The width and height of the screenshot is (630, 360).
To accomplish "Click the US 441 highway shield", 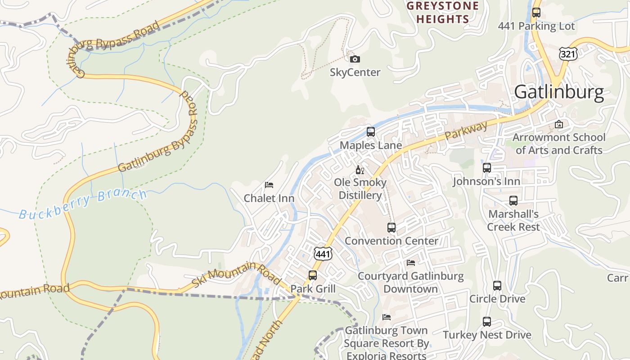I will [323, 254].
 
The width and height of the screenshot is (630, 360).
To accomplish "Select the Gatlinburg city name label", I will [558, 92].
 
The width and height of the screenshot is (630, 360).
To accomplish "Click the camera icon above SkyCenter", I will [355, 59].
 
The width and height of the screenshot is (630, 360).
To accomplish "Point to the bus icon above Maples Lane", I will [370, 132].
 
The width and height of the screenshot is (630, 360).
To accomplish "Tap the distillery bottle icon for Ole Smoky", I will [360, 170].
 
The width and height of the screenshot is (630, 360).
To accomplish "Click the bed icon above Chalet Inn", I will [269, 185].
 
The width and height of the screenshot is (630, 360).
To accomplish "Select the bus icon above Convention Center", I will [391, 228].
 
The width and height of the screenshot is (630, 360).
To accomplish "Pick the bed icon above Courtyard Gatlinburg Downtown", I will [410, 263].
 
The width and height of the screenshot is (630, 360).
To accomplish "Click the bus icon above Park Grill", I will [313, 275].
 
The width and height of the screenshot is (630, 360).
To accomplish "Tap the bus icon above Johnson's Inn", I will [486, 168].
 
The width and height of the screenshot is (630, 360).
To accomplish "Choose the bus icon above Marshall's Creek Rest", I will [513, 201].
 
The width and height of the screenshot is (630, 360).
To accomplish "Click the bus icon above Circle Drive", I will [497, 286].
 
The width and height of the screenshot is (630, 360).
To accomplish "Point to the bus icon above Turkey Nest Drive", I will [487, 322].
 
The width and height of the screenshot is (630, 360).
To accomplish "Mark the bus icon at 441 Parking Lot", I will [536, 13].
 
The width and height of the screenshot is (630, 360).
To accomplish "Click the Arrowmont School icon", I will [559, 124].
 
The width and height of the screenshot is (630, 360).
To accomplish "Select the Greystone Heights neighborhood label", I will [442, 13].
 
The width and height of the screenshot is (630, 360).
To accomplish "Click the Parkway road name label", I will [466, 130].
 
